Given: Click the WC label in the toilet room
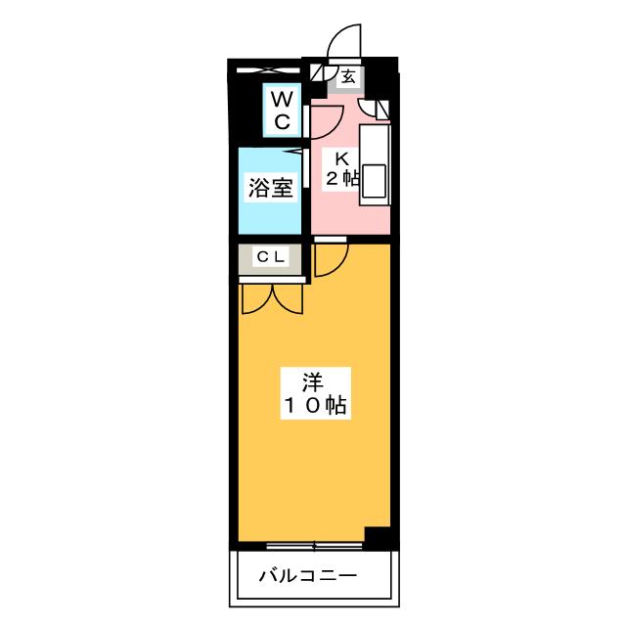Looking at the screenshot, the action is point(282,110).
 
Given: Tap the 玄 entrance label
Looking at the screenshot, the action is point(348,76).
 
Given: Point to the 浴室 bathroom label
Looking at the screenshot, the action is point(271,187).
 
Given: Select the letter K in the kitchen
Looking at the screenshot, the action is point(341,158).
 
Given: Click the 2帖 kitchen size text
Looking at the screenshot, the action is point(342,178).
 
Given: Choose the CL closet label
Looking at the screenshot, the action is point(271,256).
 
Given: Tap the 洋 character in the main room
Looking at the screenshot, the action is point(313,382).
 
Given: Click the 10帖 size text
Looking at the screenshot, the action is point(315,406).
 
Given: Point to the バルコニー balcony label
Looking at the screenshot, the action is point(308,576).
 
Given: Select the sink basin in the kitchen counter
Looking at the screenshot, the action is point(374,181).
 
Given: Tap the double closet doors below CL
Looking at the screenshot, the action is point(273,298).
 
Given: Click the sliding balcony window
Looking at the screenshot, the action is point(315,546).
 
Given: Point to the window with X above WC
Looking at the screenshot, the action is point(268,70).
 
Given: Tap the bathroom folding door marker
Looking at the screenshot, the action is point(296,152).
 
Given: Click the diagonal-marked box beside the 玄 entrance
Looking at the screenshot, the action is point(318,73).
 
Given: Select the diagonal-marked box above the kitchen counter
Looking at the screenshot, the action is point(382,111).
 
